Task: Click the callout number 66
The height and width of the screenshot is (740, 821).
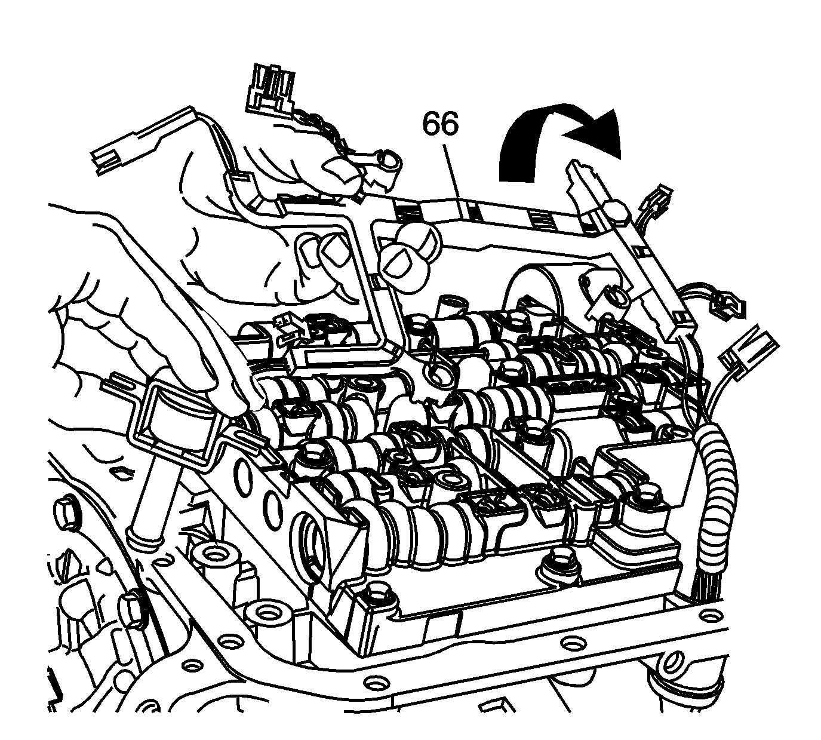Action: point(440,124)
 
